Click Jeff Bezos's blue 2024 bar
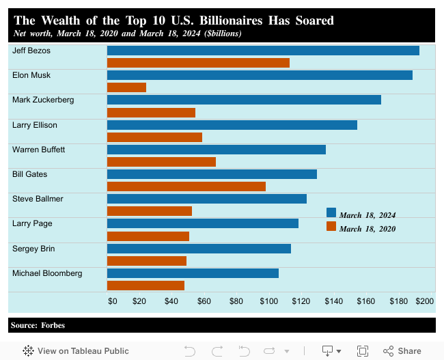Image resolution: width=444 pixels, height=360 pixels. click(x=263, y=51)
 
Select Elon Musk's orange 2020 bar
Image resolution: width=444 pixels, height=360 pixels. click(x=126, y=87)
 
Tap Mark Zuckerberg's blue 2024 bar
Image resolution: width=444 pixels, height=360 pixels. click(x=244, y=100)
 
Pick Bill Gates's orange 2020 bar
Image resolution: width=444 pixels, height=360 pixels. click(x=186, y=186)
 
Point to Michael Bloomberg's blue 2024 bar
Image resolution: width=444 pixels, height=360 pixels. click(x=193, y=273)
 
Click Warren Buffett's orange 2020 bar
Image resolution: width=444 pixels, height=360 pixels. click(x=161, y=162)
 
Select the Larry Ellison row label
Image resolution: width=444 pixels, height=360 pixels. click(x=35, y=125)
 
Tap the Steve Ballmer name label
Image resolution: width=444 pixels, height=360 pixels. click(x=38, y=199)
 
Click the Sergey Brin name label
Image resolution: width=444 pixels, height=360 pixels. click(x=33, y=249)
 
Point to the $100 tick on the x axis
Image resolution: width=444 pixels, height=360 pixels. click(x=268, y=301)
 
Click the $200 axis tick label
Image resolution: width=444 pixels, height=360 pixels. click(x=424, y=301)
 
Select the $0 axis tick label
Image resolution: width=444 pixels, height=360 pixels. click(x=113, y=301)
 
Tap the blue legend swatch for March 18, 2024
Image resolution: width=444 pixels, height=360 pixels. click(x=331, y=213)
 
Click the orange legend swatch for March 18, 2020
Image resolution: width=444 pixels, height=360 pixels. click(x=331, y=226)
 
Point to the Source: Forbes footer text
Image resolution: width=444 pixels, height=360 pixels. click(x=38, y=325)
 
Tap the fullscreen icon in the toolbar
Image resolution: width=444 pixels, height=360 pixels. click(x=363, y=350)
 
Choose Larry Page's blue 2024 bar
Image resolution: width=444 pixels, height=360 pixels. click(x=203, y=223)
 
